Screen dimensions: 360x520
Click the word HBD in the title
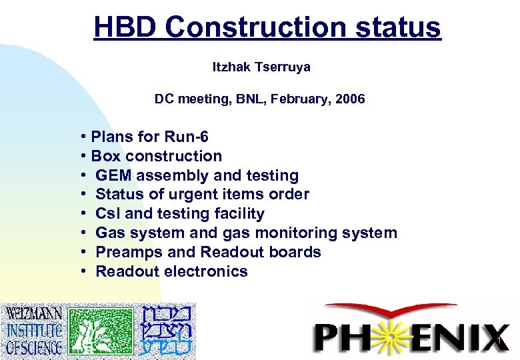(x=125, y=28)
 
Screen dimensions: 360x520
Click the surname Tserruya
(x=280, y=67)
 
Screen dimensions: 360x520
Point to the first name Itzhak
(x=229, y=67)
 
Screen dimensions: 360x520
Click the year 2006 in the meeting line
(x=351, y=99)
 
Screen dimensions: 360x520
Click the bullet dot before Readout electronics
(x=86, y=271)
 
